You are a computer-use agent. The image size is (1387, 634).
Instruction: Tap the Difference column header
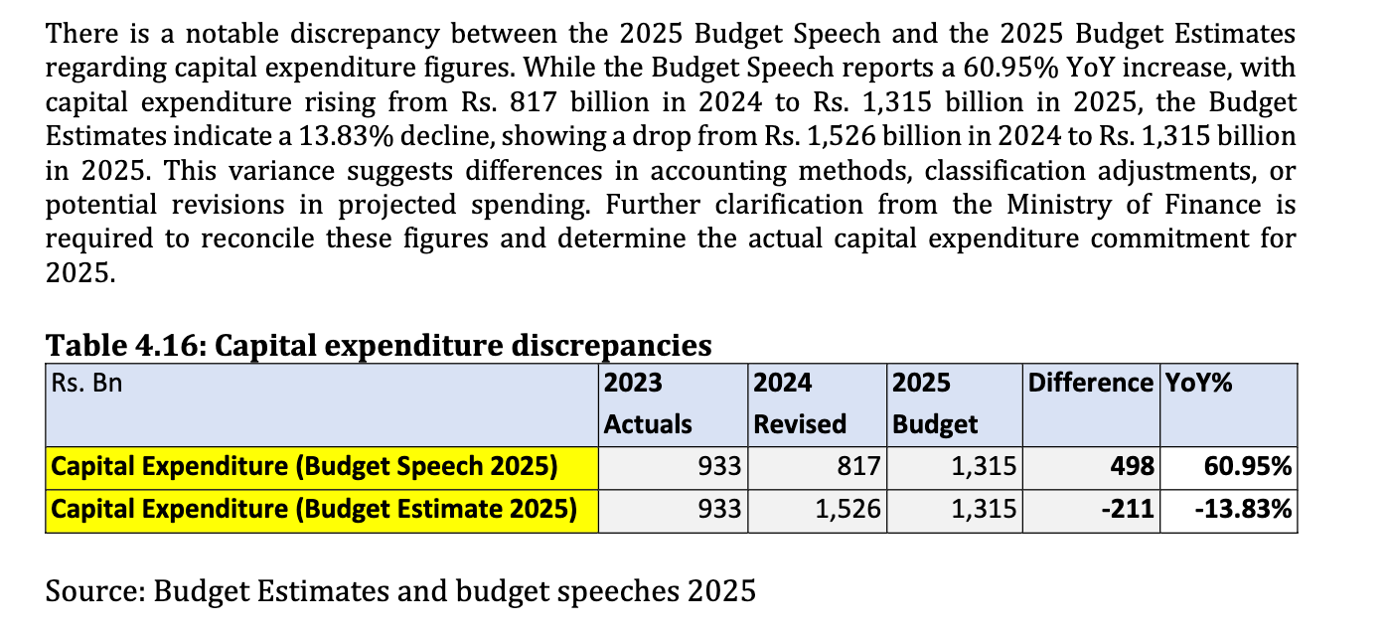pos(1090,383)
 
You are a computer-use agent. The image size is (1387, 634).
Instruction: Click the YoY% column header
pos(1199,383)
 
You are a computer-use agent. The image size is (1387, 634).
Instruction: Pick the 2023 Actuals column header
pos(648,403)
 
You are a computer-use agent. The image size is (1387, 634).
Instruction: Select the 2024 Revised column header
pos(800,403)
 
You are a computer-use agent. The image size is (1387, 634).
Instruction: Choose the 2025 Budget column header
pos(935,403)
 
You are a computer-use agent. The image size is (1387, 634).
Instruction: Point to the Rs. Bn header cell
pos(85,383)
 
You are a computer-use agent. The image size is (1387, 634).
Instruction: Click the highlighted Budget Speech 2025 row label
pos(304,466)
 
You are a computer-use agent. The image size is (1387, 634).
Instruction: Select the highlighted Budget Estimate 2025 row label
pos(314,510)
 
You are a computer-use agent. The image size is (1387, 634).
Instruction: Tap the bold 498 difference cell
pos(1134,466)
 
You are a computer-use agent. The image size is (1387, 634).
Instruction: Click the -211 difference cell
pos(1129,510)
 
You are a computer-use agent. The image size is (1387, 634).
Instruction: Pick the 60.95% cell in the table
pos(1247,466)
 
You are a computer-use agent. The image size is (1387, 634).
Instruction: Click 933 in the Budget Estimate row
pos(721,510)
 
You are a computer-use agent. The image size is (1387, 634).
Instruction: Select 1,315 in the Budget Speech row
pos(984,466)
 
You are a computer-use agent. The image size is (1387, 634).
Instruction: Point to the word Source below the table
pos(94,591)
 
